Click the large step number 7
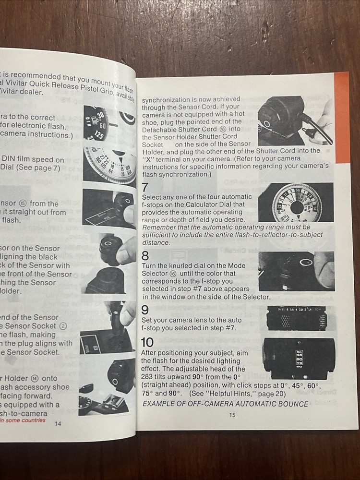145,188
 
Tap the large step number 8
145,256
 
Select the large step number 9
145,310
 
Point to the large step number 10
147,342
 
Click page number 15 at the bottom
232,415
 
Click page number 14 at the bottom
58,423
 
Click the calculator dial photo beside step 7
296,202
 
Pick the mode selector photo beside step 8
296,271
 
